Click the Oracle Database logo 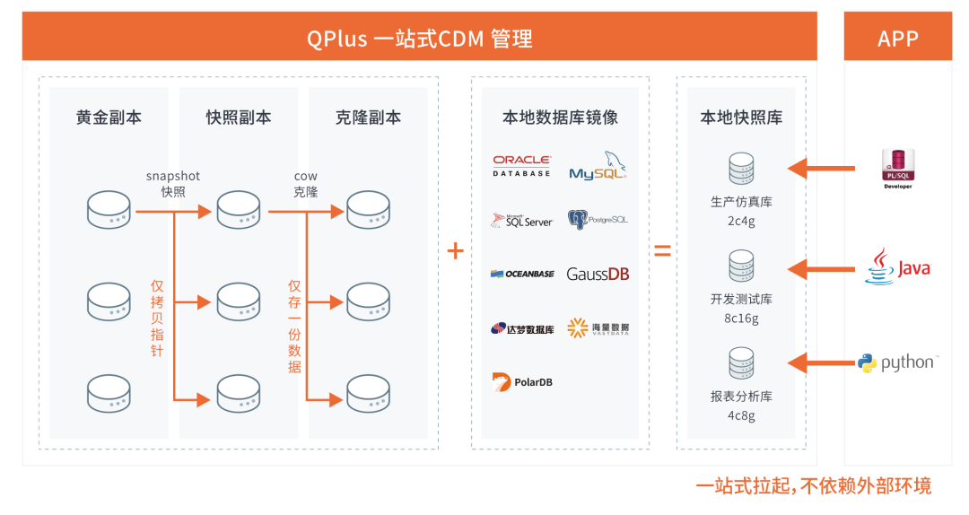[x=521, y=165]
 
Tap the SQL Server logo [x=521, y=221]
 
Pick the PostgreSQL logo [x=598, y=220]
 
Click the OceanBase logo [x=521, y=274]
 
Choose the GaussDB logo [x=598, y=274]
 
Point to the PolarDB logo [x=521, y=381]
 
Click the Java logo [x=897, y=268]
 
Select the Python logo [x=897, y=362]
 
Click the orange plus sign [x=456, y=251]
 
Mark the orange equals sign [x=662, y=251]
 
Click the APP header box [x=897, y=38]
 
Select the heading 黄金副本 [x=109, y=118]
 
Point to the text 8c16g [x=741, y=319]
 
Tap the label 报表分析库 [x=741, y=396]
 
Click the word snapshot [x=173, y=176]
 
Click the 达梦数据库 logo [x=521, y=328]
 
